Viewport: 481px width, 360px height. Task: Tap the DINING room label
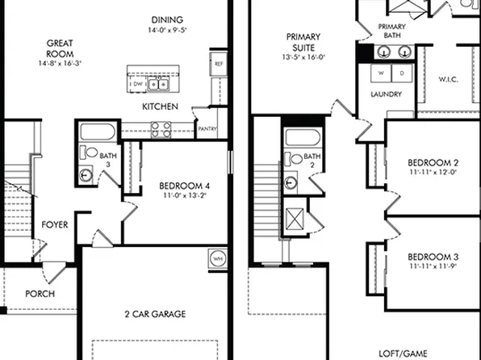point(167,20)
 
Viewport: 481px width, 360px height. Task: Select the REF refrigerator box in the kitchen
point(219,63)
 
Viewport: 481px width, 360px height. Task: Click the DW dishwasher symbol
point(139,83)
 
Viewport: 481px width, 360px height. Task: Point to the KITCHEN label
point(160,107)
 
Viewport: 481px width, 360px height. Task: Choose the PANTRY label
point(207,128)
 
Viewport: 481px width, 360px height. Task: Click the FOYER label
point(55,224)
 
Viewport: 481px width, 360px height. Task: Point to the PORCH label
point(40,294)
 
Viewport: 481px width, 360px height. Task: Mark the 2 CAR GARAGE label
point(155,313)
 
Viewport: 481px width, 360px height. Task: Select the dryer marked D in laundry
point(403,73)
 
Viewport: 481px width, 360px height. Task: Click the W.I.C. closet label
point(449,79)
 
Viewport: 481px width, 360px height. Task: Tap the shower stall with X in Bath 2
point(294,218)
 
